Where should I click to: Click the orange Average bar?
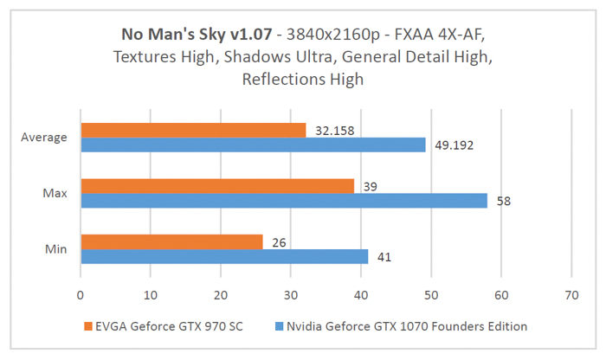pyautogui.click(x=193, y=130)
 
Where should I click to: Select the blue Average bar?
pyautogui.click(x=253, y=145)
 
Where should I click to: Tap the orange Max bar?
pyautogui.click(x=217, y=186)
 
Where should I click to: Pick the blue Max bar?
pyautogui.click(x=284, y=201)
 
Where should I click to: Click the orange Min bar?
pyautogui.click(x=171, y=242)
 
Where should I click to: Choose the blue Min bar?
pyautogui.click(x=224, y=257)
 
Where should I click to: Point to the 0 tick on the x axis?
pyautogui.click(x=81, y=295)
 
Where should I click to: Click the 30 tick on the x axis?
pyautogui.click(x=291, y=295)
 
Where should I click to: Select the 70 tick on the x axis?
pyautogui.click(x=571, y=295)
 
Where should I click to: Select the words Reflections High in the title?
pyautogui.click(x=303, y=79)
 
